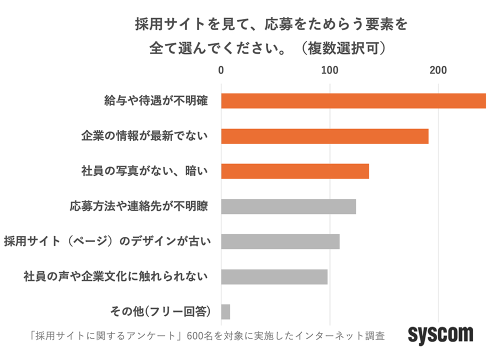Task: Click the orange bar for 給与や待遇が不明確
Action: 353,101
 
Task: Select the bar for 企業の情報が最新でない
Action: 324,136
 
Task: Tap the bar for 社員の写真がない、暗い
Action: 294,171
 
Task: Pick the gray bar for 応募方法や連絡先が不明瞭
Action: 288,206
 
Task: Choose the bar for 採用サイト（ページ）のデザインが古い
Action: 280,241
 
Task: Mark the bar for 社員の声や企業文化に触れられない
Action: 274,276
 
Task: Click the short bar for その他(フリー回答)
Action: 225,311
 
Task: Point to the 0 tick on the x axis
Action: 221,71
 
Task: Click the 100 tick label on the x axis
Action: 329,71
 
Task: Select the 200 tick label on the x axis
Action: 438,71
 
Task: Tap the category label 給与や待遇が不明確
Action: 155,101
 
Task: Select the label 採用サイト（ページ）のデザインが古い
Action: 107,241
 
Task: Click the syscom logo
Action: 440,334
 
